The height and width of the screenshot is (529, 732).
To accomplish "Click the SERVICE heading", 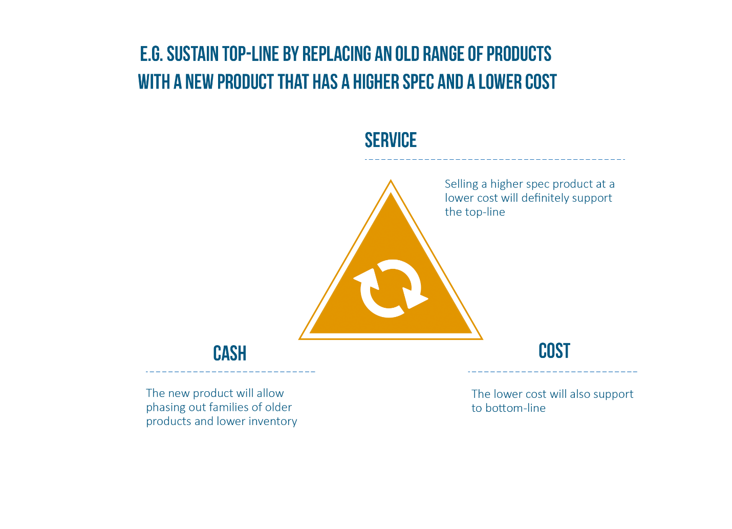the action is click(x=391, y=140).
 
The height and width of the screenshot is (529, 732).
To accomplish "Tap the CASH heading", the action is click(x=230, y=353).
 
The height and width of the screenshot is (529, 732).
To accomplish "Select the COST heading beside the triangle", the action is click(x=554, y=350).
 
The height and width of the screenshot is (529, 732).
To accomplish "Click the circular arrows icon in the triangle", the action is click(x=391, y=288).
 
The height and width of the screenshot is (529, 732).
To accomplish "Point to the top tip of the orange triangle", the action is click(x=391, y=180).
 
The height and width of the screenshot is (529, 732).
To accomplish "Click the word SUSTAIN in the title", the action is click(x=192, y=54).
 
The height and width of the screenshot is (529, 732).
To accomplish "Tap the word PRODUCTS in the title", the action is click(x=519, y=54).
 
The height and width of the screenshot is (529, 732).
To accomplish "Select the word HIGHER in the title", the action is click(x=376, y=82).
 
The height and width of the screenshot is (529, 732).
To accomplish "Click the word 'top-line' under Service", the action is click(x=485, y=212).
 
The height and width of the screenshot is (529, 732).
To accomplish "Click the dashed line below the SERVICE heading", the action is click(x=495, y=159).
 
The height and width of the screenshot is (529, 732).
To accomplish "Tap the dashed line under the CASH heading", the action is click(x=230, y=372).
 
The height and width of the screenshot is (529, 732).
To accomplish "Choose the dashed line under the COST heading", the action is click(x=553, y=372).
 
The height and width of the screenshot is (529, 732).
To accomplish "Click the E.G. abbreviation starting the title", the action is click(x=152, y=54).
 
